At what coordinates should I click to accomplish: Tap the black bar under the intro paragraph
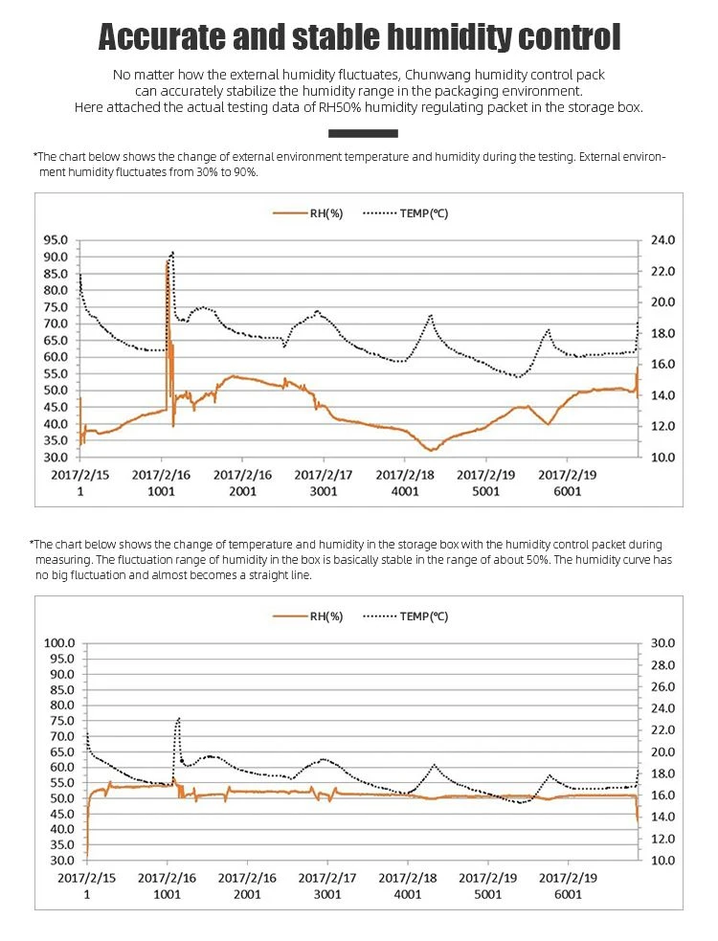click(363, 133)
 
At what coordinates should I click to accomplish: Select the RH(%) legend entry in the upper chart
click(308, 213)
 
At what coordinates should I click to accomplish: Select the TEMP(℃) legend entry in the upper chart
click(406, 213)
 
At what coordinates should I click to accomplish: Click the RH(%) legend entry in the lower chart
click(308, 616)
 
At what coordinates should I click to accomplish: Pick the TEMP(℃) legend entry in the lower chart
click(406, 616)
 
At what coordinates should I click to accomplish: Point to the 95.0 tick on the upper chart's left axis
click(56, 240)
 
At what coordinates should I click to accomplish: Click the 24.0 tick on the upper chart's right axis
click(662, 240)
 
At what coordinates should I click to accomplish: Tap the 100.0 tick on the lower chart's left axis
click(58, 642)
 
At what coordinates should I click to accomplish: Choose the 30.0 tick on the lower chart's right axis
click(662, 642)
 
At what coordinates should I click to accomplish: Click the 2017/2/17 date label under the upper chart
click(324, 475)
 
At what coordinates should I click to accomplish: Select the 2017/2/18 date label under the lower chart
click(408, 878)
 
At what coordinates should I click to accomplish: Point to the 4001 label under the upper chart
click(405, 491)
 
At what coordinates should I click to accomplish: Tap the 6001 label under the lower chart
click(568, 895)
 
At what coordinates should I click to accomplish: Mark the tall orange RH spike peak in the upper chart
click(167, 260)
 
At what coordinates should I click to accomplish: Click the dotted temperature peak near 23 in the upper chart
click(173, 253)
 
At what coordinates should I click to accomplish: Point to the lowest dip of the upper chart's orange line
click(431, 450)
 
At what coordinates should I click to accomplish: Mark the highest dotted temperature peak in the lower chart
click(178, 718)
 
